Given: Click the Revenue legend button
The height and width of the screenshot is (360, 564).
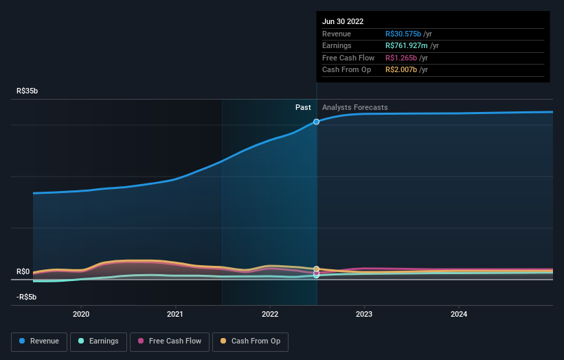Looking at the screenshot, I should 39,341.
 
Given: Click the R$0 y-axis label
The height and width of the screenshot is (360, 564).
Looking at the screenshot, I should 23,271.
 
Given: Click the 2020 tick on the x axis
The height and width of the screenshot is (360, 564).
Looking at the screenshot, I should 81,314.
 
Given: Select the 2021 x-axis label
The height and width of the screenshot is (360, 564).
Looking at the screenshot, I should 176,314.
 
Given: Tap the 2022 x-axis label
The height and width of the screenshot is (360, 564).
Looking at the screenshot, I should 270,314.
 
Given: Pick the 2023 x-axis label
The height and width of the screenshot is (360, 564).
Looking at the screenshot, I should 364,314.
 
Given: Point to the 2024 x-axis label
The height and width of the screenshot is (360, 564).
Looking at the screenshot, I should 459,314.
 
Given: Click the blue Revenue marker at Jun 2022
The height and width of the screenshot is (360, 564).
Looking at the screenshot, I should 317,122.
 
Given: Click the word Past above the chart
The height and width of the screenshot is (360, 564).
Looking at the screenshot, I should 303,107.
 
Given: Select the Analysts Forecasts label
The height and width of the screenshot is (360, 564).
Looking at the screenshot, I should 354,107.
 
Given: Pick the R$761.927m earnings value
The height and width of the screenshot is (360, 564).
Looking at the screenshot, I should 407,46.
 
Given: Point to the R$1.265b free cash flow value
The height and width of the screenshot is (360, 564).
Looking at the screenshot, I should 402,58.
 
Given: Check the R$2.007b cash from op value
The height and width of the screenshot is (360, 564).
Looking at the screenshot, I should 402,70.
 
